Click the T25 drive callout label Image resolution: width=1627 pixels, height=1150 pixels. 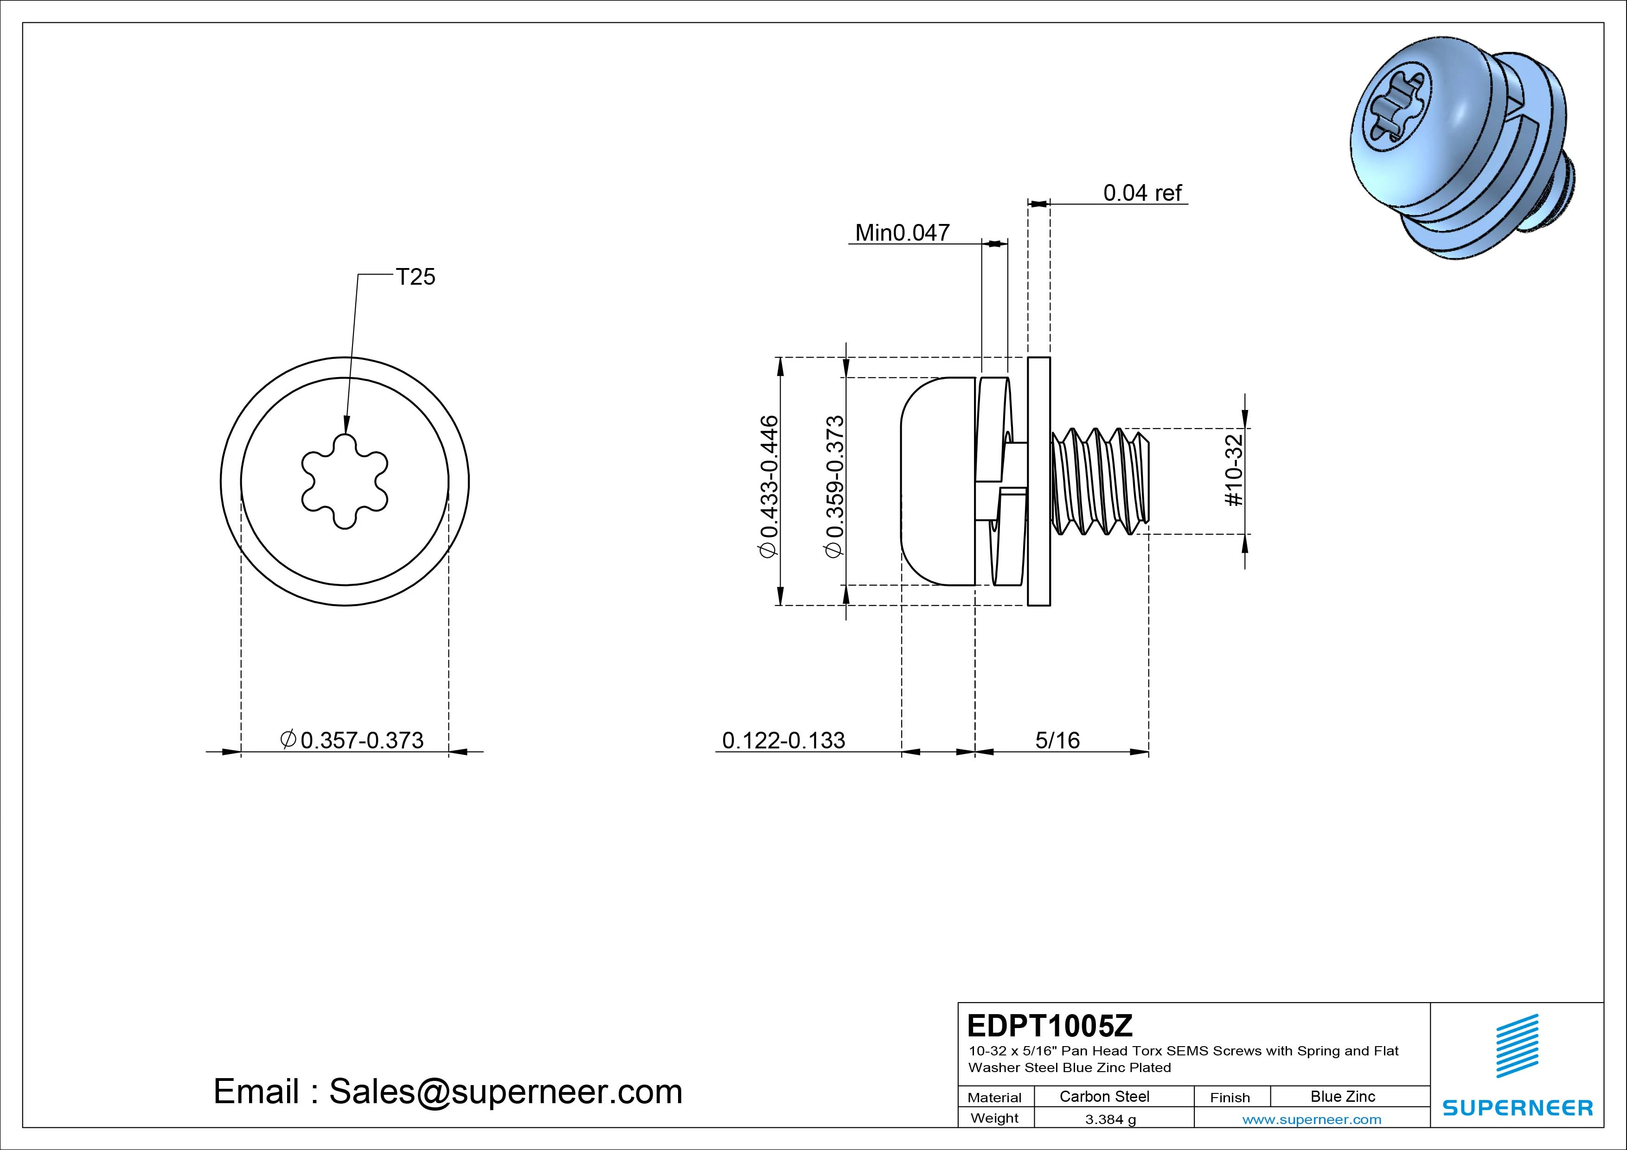(415, 277)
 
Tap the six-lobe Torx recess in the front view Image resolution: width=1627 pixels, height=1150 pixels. (345, 481)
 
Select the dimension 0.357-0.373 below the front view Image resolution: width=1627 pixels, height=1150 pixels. (361, 741)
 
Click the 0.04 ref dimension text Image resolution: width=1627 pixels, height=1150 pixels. (1142, 193)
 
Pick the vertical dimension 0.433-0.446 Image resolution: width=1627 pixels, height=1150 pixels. (769, 487)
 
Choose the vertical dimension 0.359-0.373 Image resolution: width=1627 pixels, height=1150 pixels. (835, 487)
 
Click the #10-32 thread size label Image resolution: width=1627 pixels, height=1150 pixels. (1234, 471)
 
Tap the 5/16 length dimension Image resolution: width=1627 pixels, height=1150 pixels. (1057, 741)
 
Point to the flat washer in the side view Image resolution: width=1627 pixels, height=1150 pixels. (1039, 481)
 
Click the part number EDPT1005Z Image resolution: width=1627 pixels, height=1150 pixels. (1050, 1025)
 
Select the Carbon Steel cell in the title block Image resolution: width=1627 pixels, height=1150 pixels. (1104, 1096)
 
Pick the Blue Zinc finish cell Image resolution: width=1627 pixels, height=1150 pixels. (1342, 1096)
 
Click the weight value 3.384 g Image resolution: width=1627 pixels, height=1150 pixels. (1110, 1119)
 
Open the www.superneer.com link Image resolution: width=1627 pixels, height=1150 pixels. (1312, 1119)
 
